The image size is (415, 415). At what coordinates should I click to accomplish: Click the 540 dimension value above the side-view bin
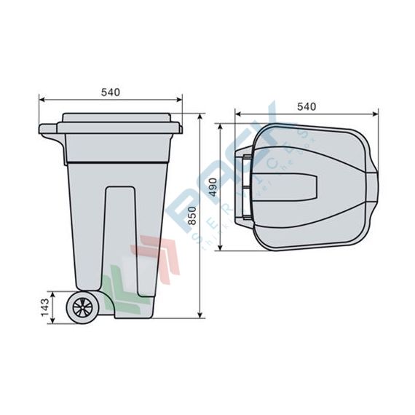point(110,92)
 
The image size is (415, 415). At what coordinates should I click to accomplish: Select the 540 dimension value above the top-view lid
point(306,106)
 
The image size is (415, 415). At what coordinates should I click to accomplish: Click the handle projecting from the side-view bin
point(49,131)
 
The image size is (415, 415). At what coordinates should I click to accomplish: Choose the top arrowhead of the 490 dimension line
point(221,125)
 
